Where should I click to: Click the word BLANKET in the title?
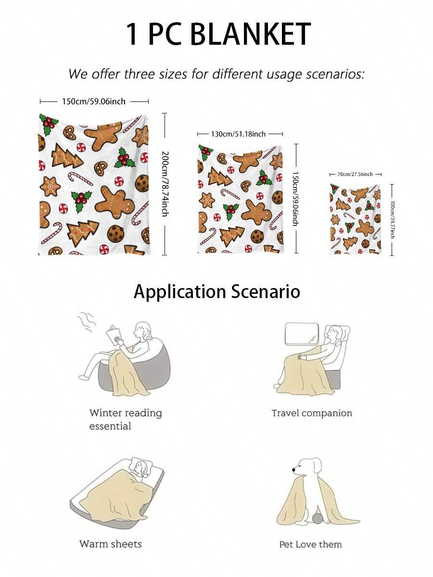(x=251, y=34)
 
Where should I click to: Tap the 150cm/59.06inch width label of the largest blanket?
(x=94, y=101)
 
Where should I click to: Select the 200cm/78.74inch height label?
(x=165, y=184)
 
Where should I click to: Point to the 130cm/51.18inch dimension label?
(x=238, y=134)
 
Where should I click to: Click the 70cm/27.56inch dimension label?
(x=355, y=174)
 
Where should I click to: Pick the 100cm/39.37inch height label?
(x=392, y=220)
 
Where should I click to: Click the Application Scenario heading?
(x=217, y=292)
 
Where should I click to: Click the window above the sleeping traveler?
(x=302, y=334)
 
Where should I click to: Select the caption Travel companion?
(x=312, y=413)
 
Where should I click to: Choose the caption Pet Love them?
(x=310, y=544)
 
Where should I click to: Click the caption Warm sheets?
(x=111, y=544)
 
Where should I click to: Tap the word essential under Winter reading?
(x=110, y=426)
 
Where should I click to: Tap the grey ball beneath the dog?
(x=318, y=519)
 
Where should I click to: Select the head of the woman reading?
(x=143, y=331)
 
